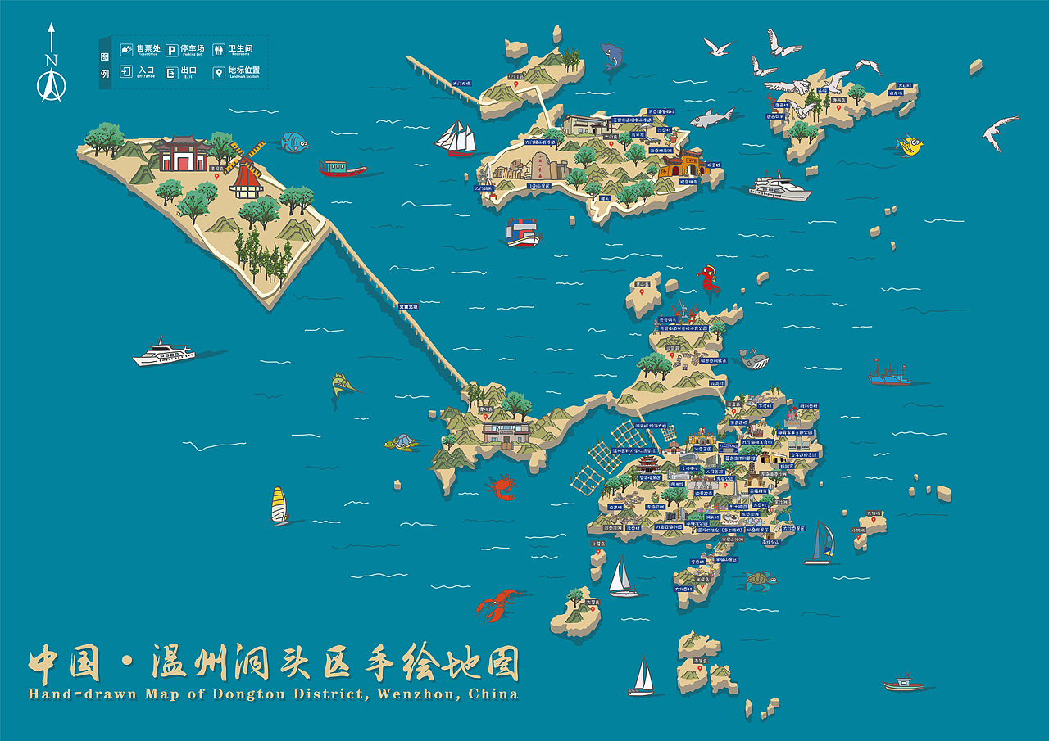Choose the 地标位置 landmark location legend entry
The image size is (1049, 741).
[x=237, y=72]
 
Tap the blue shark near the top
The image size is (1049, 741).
[x=611, y=56]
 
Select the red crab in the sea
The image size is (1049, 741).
[x=502, y=488]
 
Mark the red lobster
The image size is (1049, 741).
[x=497, y=604]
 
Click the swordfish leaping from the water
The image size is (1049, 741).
[x=343, y=384]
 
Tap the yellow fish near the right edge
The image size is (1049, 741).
[x=910, y=146]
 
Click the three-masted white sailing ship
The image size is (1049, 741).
[x=457, y=139]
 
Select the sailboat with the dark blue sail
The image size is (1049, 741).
[x=820, y=543]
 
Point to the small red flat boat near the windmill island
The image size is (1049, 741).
[x=343, y=169]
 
